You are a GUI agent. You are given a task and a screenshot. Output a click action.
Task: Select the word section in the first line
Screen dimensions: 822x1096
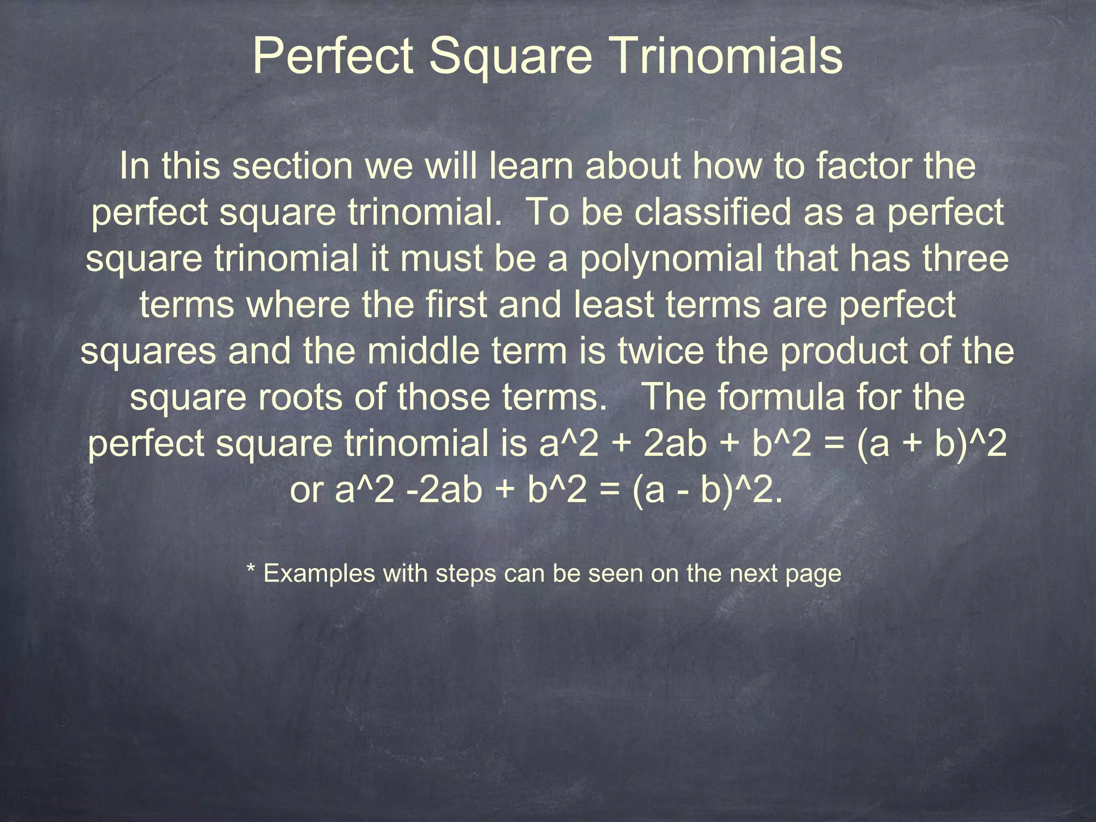click(x=292, y=166)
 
